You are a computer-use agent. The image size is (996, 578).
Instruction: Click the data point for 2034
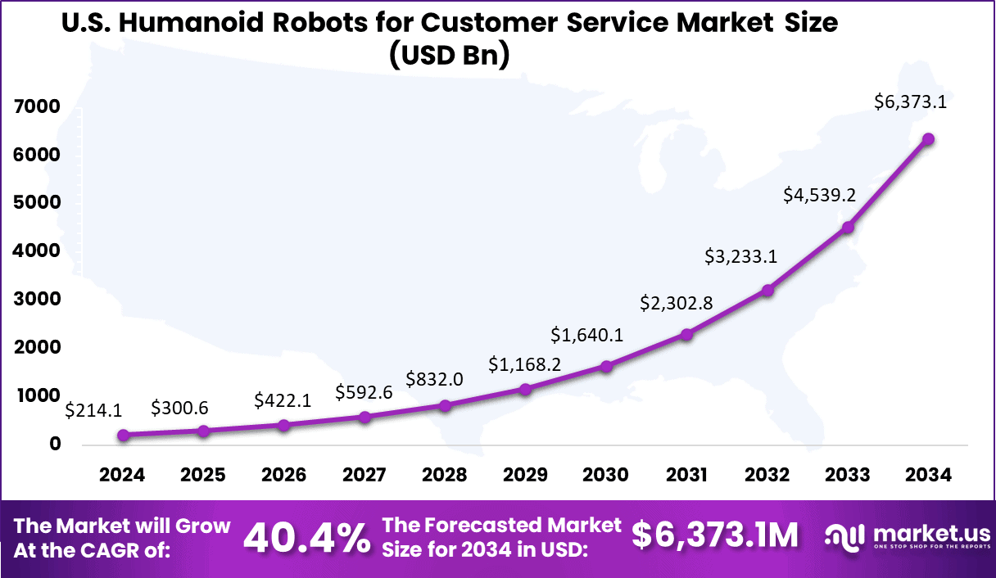(928, 139)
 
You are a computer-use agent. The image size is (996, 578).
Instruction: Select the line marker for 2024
(123, 436)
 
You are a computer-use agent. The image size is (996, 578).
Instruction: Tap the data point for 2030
(606, 366)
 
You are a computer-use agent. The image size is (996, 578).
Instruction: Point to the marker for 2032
(767, 291)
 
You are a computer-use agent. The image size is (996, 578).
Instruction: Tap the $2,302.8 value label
(677, 303)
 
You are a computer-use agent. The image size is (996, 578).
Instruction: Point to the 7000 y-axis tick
(37, 107)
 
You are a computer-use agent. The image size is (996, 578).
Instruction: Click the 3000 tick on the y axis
(37, 300)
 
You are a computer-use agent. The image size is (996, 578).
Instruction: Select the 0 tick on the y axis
(56, 445)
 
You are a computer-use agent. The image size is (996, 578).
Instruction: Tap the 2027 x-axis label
(364, 476)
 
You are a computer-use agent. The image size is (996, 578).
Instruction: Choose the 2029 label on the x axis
(526, 476)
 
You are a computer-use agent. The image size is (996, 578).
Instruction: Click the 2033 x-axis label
(848, 476)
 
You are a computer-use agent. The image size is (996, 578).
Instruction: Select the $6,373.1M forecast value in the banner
(714, 536)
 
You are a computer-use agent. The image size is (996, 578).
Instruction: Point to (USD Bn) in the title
(450, 55)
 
